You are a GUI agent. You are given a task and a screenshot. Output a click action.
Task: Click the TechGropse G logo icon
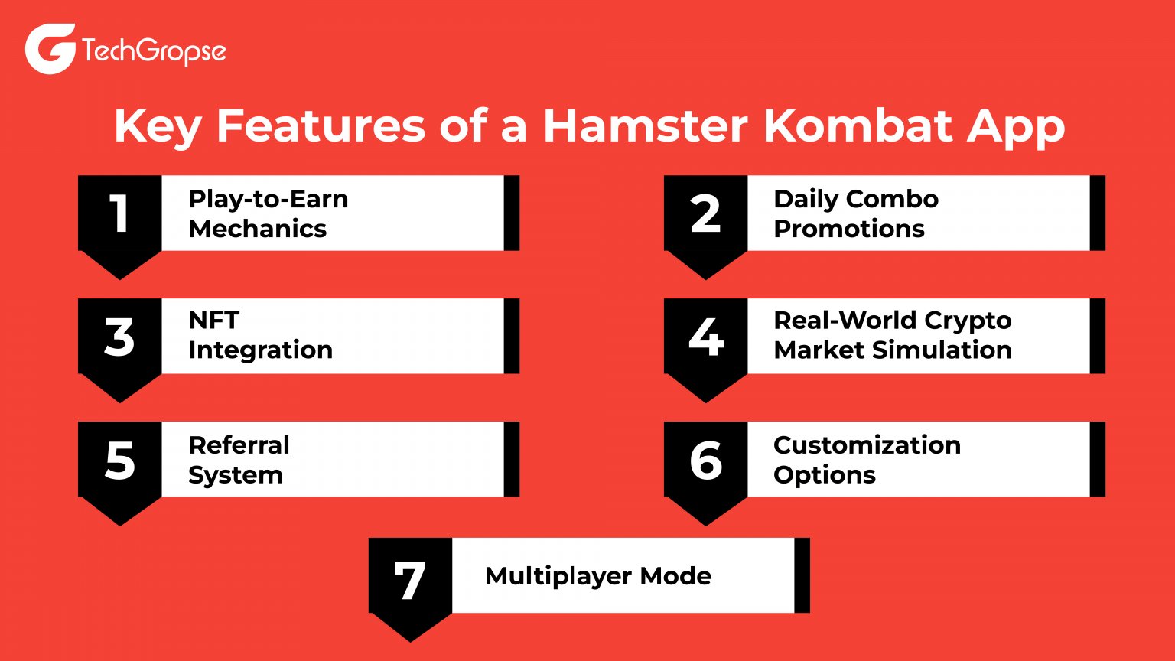tap(50, 49)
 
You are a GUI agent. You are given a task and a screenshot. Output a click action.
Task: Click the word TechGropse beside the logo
tap(154, 52)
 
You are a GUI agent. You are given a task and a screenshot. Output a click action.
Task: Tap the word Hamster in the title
tap(645, 126)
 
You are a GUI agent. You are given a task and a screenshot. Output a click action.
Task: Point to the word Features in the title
tap(320, 126)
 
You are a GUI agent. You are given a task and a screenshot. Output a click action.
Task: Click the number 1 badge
tap(119, 213)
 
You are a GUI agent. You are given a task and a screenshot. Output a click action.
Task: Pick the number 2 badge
tap(705, 213)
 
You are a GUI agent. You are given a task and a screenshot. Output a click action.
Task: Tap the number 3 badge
tap(119, 337)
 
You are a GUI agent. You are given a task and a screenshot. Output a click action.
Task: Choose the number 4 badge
tap(705, 337)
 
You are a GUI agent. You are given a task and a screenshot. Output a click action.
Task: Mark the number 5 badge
tap(119, 460)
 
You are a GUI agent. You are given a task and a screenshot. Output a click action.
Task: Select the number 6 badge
tap(705, 460)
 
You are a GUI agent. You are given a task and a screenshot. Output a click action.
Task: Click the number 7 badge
tap(410, 579)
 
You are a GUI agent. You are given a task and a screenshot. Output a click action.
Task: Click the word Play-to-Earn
tap(269, 199)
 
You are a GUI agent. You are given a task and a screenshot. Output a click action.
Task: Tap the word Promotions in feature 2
tap(849, 229)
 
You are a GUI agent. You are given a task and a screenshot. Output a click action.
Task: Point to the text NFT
tap(214, 320)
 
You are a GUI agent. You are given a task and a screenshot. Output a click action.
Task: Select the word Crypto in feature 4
tap(968, 321)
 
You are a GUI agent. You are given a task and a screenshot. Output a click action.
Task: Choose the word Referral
tap(239, 444)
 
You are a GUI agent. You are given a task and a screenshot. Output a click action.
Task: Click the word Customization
tap(867, 444)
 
